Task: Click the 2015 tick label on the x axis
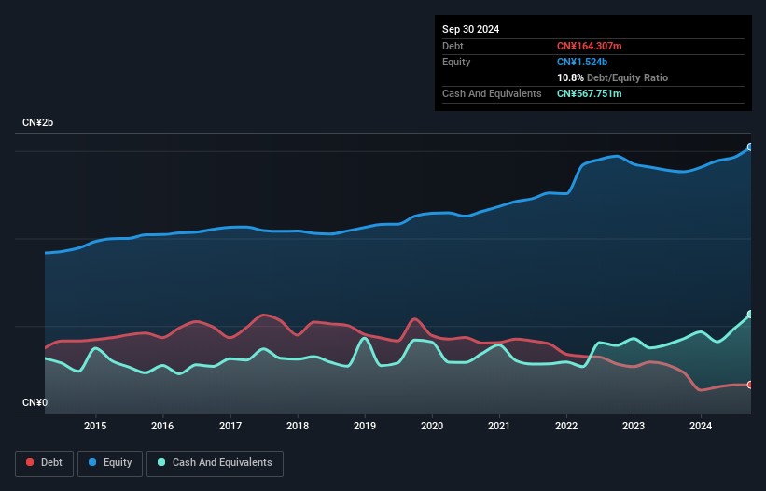[95, 426]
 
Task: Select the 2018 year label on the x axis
[298, 426]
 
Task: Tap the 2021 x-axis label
[499, 426]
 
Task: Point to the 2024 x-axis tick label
[701, 426]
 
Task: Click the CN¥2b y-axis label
[37, 122]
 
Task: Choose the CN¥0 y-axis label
[35, 402]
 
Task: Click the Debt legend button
[44, 463]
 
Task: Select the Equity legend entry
[110, 463]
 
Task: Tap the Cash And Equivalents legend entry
[215, 463]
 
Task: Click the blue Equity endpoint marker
[750, 147]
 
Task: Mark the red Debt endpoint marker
[750, 385]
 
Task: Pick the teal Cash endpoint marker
[750, 315]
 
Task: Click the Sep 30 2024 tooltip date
[470, 29]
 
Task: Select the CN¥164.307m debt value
[589, 46]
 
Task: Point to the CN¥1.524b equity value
[582, 62]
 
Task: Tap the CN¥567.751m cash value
[589, 93]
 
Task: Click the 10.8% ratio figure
[570, 77]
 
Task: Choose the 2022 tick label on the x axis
[566, 426]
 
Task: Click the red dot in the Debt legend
[30, 462]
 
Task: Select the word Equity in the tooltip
[456, 62]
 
